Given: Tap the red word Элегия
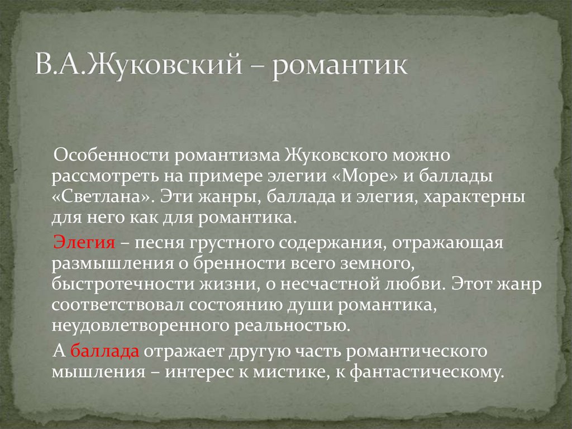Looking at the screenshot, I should pyautogui.click(x=84, y=244).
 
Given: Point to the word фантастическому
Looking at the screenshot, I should pyautogui.click(x=425, y=373).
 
